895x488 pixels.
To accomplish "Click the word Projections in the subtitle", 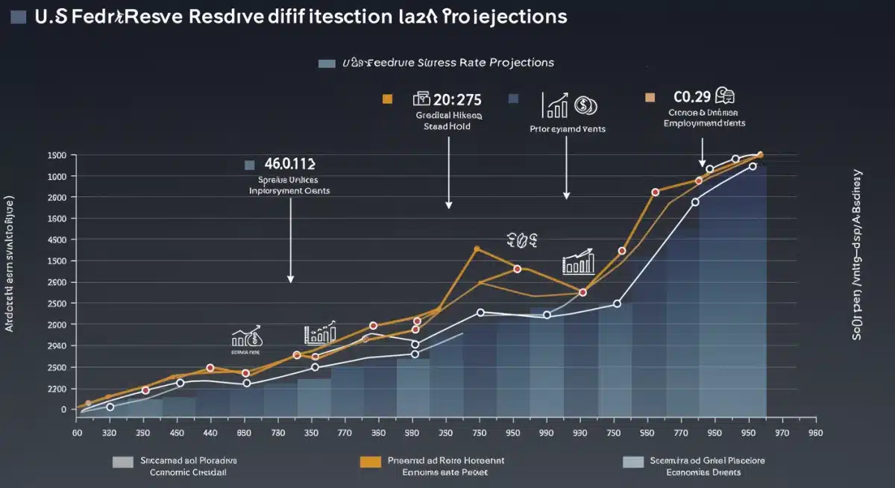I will pyautogui.click(x=521, y=63).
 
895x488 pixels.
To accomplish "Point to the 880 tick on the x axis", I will pyautogui.click(x=244, y=432).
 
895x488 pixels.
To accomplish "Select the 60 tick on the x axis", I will pyautogui.click(x=76, y=432).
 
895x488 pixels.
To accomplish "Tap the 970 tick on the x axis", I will pyautogui.click(x=782, y=432).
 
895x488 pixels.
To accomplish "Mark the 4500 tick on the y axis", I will pyautogui.click(x=57, y=240).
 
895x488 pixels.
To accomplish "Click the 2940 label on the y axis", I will pyautogui.click(x=57, y=346).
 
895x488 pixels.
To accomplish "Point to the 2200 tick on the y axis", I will pyautogui.click(x=57, y=389).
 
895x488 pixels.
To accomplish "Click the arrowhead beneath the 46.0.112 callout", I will pyautogui.click(x=290, y=278).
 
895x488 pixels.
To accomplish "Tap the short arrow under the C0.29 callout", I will pyautogui.click(x=702, y=162).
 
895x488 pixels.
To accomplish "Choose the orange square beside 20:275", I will pyautogui.click(x=386, y=98).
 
